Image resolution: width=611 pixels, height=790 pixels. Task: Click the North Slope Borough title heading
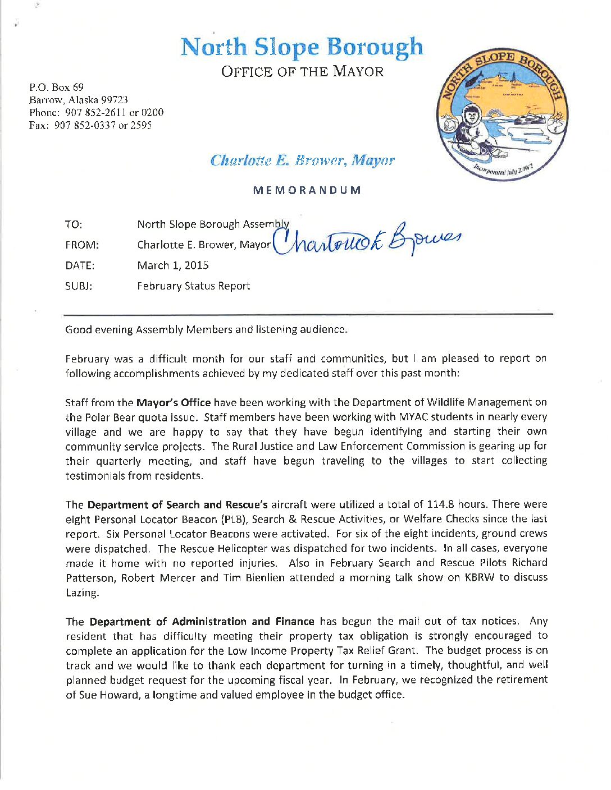tap(302, 48)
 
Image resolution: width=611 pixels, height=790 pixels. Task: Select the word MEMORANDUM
tap(307, 190)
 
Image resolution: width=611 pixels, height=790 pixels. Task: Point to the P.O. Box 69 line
tap(56, 88)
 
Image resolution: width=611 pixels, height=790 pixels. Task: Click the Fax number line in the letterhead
tap(90, 125)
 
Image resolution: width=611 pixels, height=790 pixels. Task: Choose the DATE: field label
tap(80, 265)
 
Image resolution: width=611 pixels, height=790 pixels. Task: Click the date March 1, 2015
tap(172, 265)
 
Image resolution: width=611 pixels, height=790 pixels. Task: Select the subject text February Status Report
tap(193, 286)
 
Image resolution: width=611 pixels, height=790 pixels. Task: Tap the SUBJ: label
tap(78, 286)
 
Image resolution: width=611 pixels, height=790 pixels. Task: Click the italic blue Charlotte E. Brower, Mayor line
tap(302, 161)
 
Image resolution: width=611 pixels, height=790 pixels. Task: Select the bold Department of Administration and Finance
tap(202, 622)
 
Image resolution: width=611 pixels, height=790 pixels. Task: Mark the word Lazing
tap(82, 592)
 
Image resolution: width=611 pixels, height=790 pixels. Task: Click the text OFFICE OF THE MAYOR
tap(302, 72)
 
